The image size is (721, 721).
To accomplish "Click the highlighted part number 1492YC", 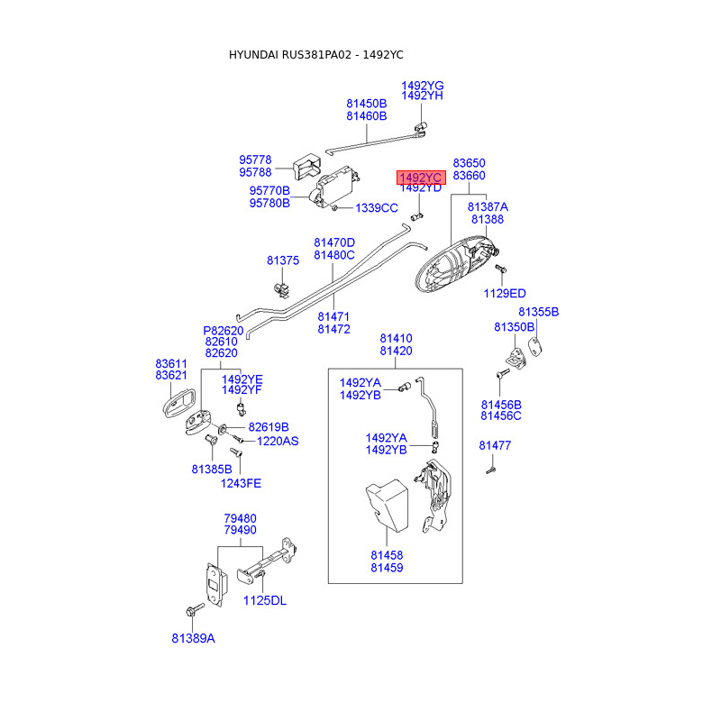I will click(x=422, y=177).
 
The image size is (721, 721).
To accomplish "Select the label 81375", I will click(x=282, y=260).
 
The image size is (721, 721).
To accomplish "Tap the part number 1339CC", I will click(x=376, y=208).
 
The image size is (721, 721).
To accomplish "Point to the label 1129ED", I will click(x=505, y=293).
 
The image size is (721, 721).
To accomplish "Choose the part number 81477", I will click(x=495, y=445).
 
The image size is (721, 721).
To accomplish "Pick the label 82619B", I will click(x=269, y=427).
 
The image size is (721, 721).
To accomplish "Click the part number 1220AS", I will click(x=278, y=442).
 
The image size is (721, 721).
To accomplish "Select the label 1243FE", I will click(x=241, y=483).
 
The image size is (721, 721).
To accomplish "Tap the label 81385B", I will click(x=212, y=469).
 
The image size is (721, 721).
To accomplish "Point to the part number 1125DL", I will click(x=266, y=601).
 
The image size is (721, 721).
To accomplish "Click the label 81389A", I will click(x=194, y=638).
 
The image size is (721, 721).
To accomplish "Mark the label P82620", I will click(x=224, y=330).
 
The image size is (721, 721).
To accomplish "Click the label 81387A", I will click(x=488, y=206).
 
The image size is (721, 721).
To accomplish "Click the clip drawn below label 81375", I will click(x=282, y=289).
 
